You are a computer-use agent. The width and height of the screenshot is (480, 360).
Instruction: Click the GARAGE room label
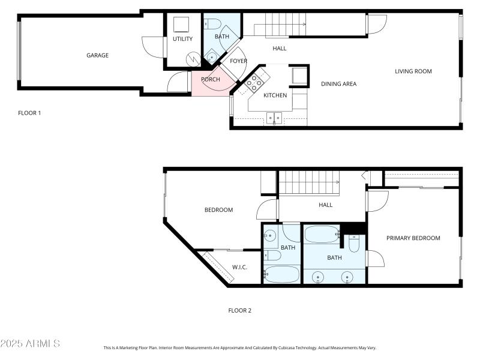click(97, 56)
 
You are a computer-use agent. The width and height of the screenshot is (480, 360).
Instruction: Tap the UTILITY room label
click(182, 40)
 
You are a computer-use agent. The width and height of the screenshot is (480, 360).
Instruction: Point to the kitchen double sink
click(274, 118)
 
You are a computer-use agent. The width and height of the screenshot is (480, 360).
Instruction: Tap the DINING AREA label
click(338, 84)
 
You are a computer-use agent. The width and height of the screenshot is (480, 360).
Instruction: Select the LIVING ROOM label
click(413, 72)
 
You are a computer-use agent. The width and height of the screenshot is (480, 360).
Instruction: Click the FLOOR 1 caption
click(29, 113)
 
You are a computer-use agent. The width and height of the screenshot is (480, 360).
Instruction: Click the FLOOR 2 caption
click(239, 311)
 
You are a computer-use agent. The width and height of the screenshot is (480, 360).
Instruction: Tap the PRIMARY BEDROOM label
click(413, 239)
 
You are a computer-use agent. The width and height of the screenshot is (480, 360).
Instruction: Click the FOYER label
click(238, 61)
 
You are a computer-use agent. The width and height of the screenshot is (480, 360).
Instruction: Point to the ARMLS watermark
click(30, 344)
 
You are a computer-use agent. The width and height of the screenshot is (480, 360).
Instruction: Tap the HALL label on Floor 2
click(325, 205)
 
